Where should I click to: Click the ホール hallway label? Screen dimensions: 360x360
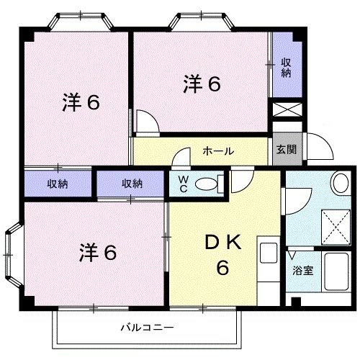click(x=217, y=151)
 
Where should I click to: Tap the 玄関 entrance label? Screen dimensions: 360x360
click(x=285, y=150)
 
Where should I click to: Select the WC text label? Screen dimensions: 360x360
click(x=183, y=184)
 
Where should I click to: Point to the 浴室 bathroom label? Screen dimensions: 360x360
click(x=302, y=271)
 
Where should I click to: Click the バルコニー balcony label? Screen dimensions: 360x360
click(x=146, y=327)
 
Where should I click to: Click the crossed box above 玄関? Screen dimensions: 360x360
click(x=285, y=112)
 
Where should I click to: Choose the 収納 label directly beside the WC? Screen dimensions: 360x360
click(x=132, y=184)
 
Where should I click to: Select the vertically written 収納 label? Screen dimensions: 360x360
click(x=286, y=68)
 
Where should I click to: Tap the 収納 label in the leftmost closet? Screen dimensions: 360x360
click(x=58, y=184)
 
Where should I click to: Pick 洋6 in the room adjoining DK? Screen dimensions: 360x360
click(x=97, y=253)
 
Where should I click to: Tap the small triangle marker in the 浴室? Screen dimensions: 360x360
click(x=292, y=254)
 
